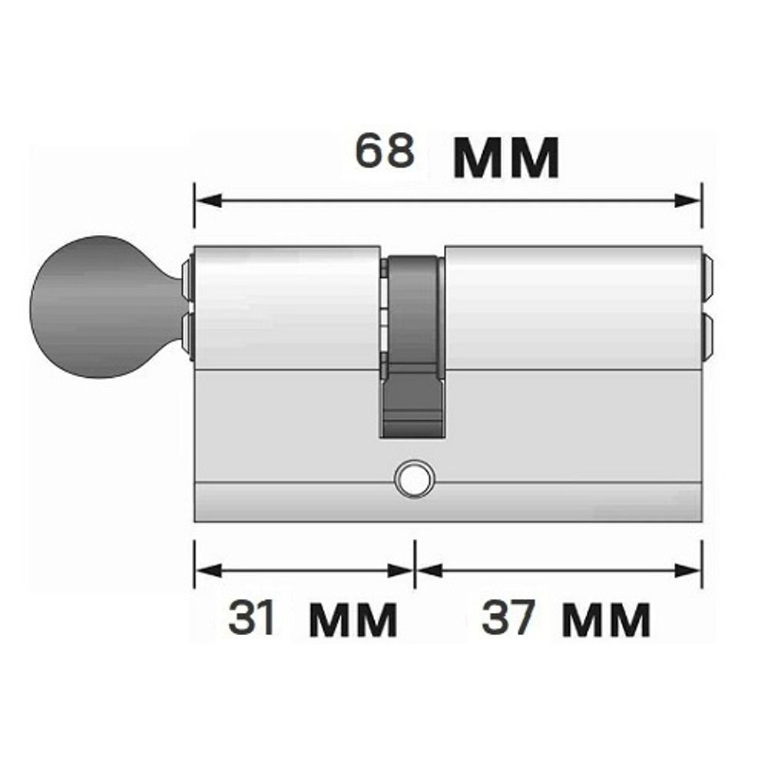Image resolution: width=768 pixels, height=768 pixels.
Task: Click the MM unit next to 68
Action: [506, 159]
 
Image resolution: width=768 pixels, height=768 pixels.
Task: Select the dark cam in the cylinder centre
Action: [412, 346]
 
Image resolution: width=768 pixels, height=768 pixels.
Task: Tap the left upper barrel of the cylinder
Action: [286, 307]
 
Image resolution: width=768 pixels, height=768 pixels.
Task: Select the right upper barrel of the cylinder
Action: [572, 307]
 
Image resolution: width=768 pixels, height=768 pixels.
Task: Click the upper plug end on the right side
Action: [708, 278]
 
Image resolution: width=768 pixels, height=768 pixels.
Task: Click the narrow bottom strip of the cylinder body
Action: [449, 502]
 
